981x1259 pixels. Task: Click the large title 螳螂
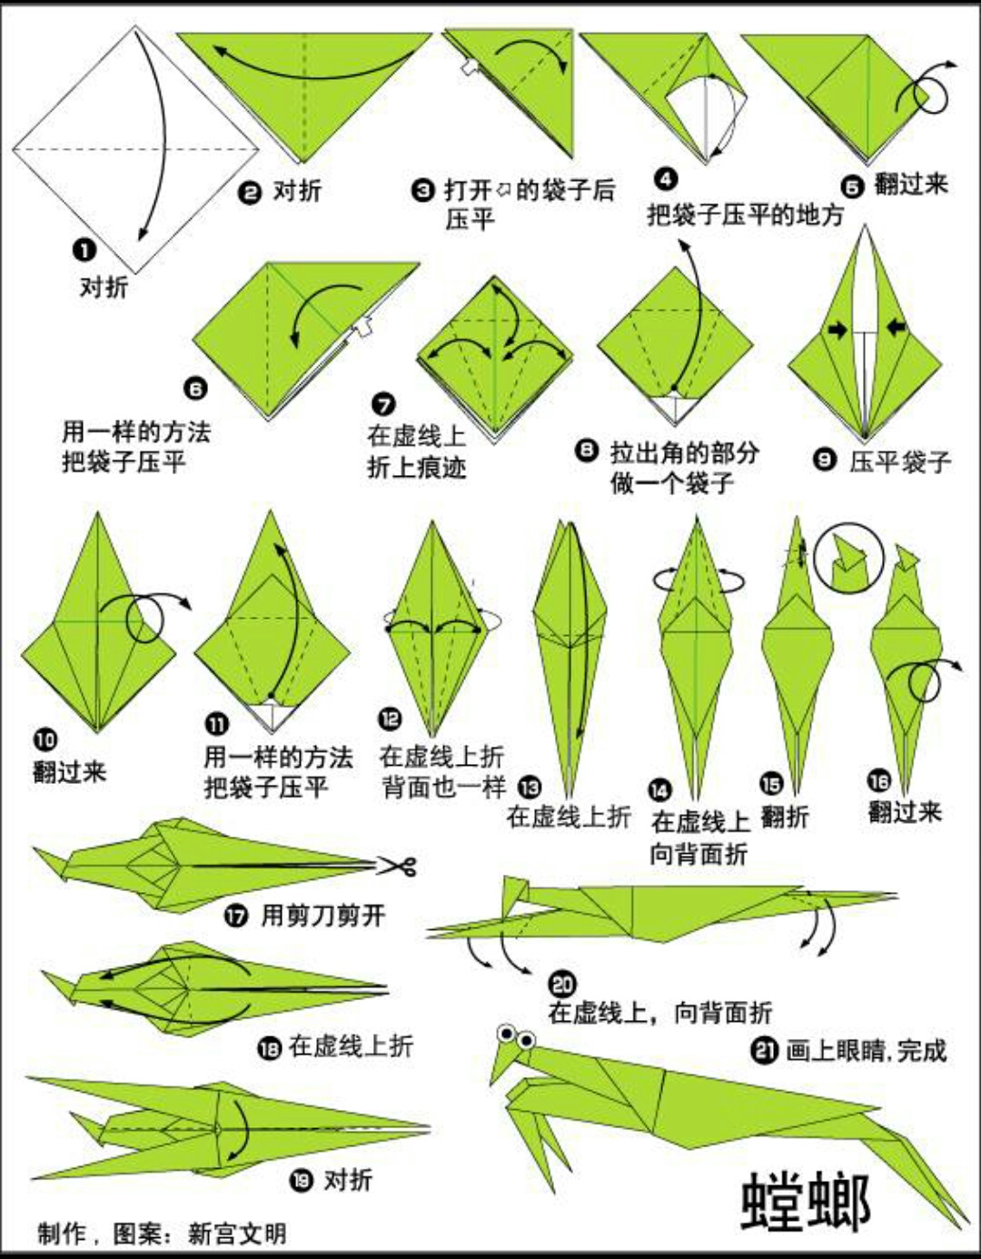pyautogui.click(x=806, y=1201)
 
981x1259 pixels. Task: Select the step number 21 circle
pyautogui.click(x=763, y=1051)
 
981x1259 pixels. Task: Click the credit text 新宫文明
pyautogui.click(x=237, y=1234)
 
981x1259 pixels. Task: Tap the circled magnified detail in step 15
pyautogui.click(x=847, y=556)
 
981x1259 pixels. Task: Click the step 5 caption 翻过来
pyautogui.click(x=910, y=184)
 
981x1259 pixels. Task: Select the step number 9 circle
pyautogui.click(x=825, y=461)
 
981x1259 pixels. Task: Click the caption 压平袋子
pyautogui.click(x=900, y=462)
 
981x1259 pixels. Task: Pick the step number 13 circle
pyautogui.click(x=529, y=788)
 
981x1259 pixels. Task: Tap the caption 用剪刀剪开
pyautogui.click(x=322, y=915)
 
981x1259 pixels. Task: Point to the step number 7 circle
pyautogui.click(x=384, y=404)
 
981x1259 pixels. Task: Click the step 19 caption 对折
pyautogui.click(x=348, y=1180)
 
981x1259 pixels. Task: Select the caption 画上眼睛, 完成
pyautogui.click(x=866, y=1051)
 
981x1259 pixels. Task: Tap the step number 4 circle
pyautogui.click(x=666, y=179)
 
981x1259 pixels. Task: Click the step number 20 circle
pyautogui.click(x=562, y=984)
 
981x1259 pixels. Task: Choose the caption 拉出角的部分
pyautogui.click(x=684, y=451)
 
